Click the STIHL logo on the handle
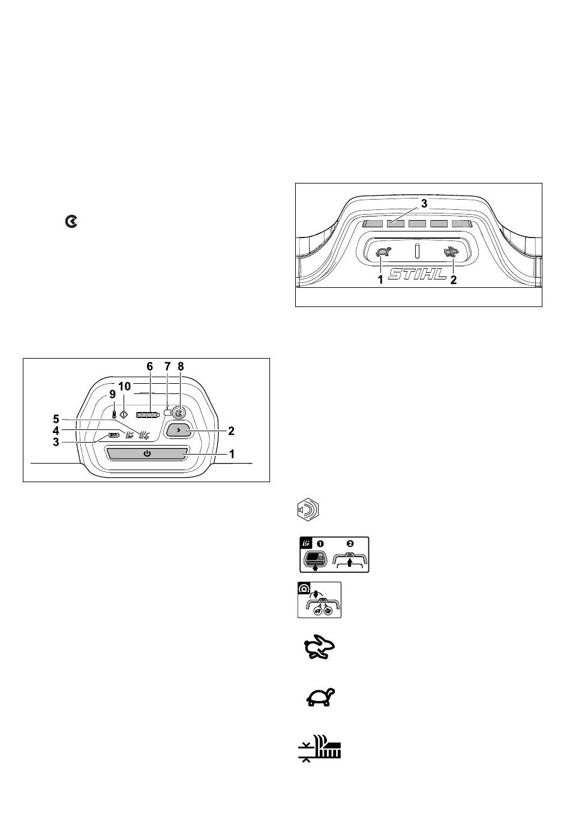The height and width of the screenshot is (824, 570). pos(417,273)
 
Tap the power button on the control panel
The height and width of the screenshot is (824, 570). pos(147,453)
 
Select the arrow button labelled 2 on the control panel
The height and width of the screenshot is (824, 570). pos(179,430)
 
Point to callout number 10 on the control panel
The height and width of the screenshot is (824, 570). pos(124,386)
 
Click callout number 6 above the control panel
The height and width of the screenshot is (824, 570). pos(150,366)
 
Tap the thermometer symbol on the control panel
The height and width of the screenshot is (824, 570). pos(115,414)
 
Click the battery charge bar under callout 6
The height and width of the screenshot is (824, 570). pos(148,415)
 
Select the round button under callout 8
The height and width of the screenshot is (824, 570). pos(178,414)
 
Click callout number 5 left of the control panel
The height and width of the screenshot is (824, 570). pos(56,419)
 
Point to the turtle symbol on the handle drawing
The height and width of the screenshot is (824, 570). pos(383,252)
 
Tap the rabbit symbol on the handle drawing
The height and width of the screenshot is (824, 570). pos(451,252)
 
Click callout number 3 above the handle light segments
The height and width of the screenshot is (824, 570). pos(424,203)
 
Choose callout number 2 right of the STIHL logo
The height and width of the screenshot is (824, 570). pos(454,280)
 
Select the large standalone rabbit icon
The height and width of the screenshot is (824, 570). pos(319,649)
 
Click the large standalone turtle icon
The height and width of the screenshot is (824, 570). pos(320,697)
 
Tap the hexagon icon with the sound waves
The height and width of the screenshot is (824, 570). pos(308,510)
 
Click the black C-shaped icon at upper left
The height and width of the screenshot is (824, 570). pos(71,222)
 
